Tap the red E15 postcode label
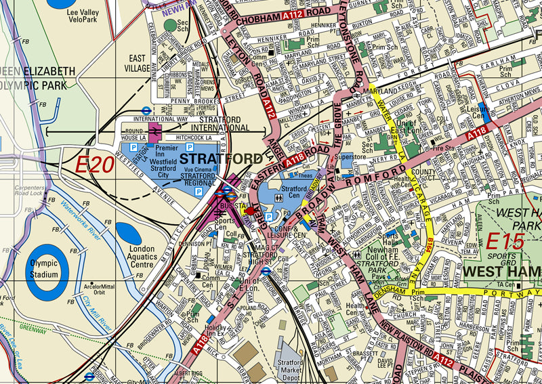point(503,240)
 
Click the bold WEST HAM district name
point(501,272)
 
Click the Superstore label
point(352,156)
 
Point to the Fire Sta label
point(443,148)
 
